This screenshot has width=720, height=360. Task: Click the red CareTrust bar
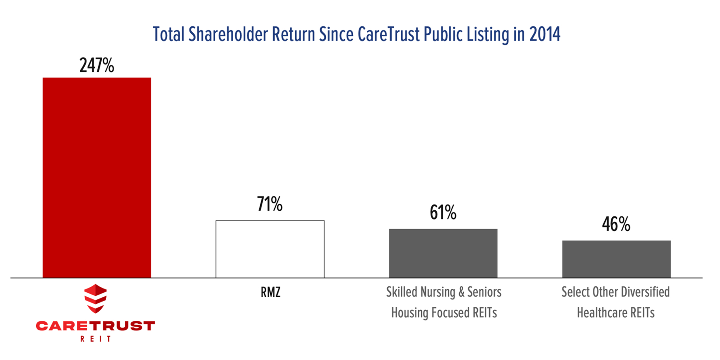[x=96, y=178]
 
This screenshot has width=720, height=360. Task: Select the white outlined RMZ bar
[x=270, y=249]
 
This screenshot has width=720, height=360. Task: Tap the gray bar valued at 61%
[x=443, y=253]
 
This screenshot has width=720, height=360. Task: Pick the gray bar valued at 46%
[x=616, y=259]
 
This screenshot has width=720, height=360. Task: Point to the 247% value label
[x=96, y=65]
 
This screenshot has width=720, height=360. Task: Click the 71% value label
[x=270, y=204]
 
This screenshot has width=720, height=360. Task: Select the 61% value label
[x=443, y=213]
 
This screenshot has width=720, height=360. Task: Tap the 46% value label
[x=616, y=224]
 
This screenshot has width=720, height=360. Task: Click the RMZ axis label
[x=270, y=292]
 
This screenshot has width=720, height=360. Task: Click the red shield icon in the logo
[x=96, y=298]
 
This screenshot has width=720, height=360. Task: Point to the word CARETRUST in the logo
[x=95, y=326]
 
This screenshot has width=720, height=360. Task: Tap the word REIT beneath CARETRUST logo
[x=96, y=339]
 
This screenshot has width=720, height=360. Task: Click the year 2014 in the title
[x=545, y=34]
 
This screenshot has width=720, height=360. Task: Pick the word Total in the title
[x=168, y=34]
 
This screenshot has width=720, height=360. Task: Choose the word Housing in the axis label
[x=407, y=313]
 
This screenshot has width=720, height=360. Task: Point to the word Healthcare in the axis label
[x=597, y=313]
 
